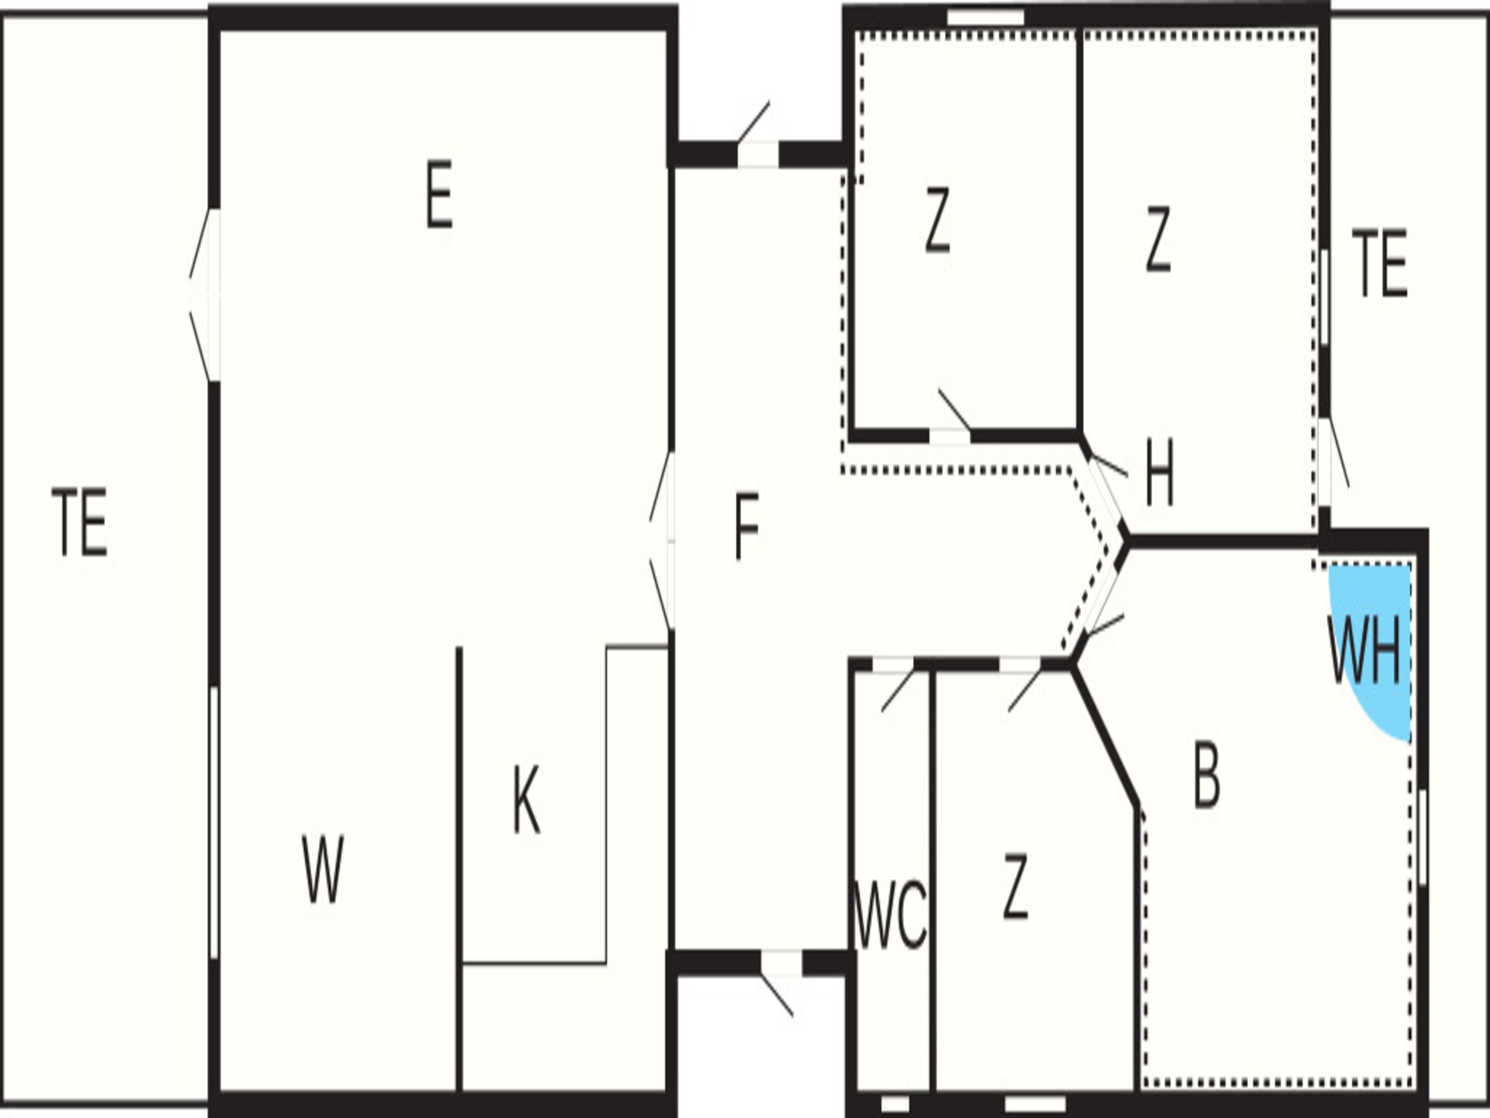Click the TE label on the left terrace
coord(80,522)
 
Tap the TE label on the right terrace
coord(1380,263)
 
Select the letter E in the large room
coord(439,195)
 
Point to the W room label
coord(322,870)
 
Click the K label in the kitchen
coord(526,800)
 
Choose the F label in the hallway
coord(747,527)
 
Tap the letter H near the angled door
coord(1159,472)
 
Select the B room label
coord(1206,776)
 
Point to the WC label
coord(889,915)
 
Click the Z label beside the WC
coord(1015,887)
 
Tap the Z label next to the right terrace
coord(1158,239)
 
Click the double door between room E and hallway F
coord(662,541)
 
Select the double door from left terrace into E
coord(205,295)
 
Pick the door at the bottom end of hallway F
coord(778,980)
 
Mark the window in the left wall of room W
coord(214,823)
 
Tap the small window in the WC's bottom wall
coord(895,1103)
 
